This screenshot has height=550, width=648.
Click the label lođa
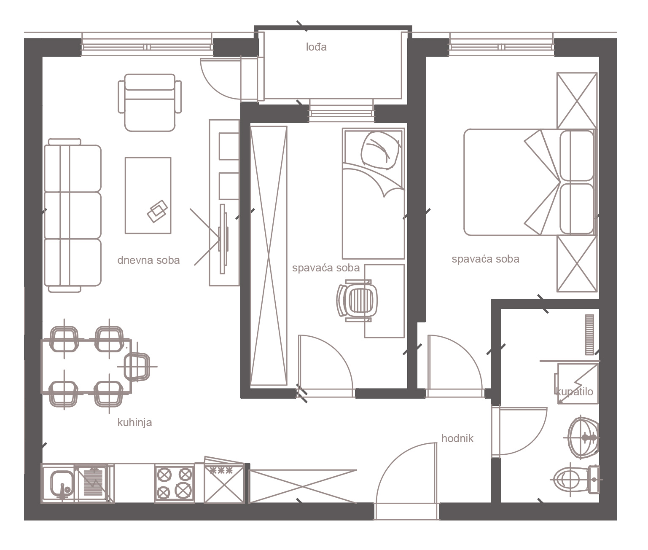coord(316,47)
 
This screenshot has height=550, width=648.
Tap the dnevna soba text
coord(148,260)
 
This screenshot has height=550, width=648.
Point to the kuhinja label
coord(134,422)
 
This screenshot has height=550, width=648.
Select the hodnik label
coord(457,438)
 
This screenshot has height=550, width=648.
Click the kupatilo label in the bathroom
coord(574,392)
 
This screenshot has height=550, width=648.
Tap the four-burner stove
coord(175,483)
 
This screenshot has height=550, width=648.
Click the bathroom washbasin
coord(583,437)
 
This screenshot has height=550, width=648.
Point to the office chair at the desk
coord(357,300)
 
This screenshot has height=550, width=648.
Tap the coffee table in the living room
coord(148,195)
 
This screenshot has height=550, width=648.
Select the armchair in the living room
coord(150,102)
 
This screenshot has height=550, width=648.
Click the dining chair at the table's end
coord(137,366)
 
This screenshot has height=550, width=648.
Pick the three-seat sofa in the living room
coord(73,215)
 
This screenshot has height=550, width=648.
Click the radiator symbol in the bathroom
coord(589,335)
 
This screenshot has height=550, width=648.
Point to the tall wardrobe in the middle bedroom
coord(269,256)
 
